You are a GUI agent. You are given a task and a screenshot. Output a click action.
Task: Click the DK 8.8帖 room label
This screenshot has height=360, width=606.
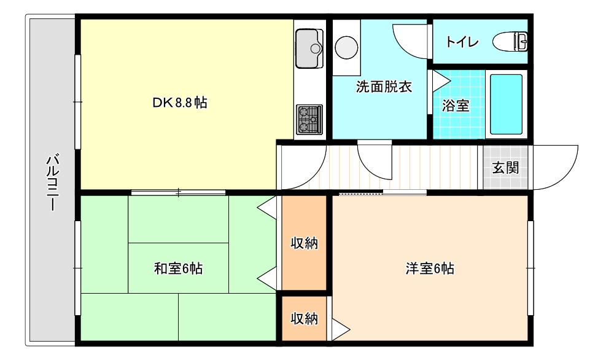point(179,103)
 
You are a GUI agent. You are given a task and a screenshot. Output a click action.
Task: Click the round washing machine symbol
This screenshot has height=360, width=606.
point(347,47)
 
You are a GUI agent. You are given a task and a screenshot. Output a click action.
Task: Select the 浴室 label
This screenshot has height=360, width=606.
point(456,106)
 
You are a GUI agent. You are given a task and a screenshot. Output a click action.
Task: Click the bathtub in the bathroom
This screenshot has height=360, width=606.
point(506,104)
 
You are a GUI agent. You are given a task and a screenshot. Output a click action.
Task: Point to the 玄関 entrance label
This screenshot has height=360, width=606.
point(505,168)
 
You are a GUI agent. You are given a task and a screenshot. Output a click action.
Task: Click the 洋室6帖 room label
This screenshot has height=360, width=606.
point(429,268)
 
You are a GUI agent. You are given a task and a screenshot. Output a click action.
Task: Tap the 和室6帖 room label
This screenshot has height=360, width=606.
point(178,268)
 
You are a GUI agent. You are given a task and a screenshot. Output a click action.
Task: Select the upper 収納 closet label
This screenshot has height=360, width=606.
point(304,243)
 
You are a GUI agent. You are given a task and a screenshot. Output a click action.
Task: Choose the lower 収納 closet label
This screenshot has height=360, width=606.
point(304,318)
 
